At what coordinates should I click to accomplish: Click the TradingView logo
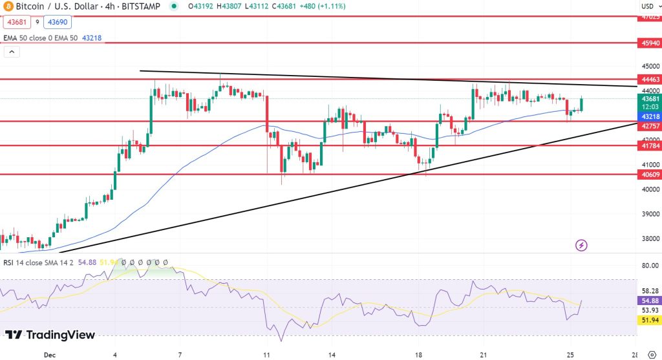coord(50,335)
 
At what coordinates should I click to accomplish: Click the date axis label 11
coord(266,355)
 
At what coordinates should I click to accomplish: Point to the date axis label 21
coord(484,355)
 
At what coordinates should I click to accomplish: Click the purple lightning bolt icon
coord(581,245)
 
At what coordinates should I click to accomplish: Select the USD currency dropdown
coord(647,6)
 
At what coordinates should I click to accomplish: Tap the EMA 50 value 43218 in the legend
coord(90,38)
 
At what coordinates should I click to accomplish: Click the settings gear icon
coord(651,355)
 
